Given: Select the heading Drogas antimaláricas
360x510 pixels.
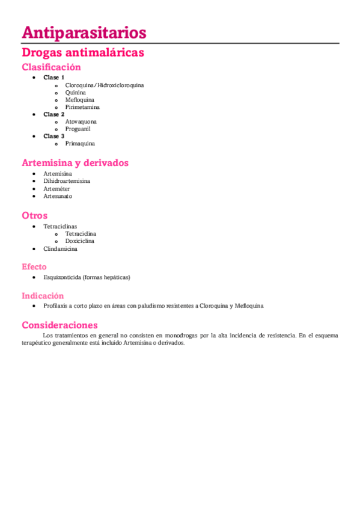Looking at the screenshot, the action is coord(82,53).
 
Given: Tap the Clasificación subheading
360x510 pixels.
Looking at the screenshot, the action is coord(51,67).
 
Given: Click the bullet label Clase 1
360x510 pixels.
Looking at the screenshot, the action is coord(54,78).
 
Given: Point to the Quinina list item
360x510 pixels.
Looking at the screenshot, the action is coord(76,93).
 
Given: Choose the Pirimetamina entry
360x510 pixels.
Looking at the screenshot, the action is coord(82,107).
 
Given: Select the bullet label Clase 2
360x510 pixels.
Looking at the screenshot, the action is coord(54,114).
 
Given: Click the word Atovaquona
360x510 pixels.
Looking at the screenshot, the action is coord(81,121).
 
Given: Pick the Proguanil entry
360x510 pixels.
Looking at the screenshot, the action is coord(78,129).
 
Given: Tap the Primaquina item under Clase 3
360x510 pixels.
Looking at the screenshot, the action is coord(80,144).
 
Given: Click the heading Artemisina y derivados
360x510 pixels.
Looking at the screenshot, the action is coord(75,163).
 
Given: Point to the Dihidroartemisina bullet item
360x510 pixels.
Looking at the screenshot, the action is coord(67,181).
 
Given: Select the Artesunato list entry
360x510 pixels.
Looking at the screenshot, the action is coord(58,196).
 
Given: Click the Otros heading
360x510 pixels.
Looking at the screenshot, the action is coord(35,215).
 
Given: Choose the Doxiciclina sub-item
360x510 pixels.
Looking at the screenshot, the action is coord(80,241).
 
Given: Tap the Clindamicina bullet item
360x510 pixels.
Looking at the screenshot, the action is coord(60,248).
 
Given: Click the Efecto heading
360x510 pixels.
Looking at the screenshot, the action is coord(34,266).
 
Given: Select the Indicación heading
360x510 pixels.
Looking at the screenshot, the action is coord(43,295).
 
